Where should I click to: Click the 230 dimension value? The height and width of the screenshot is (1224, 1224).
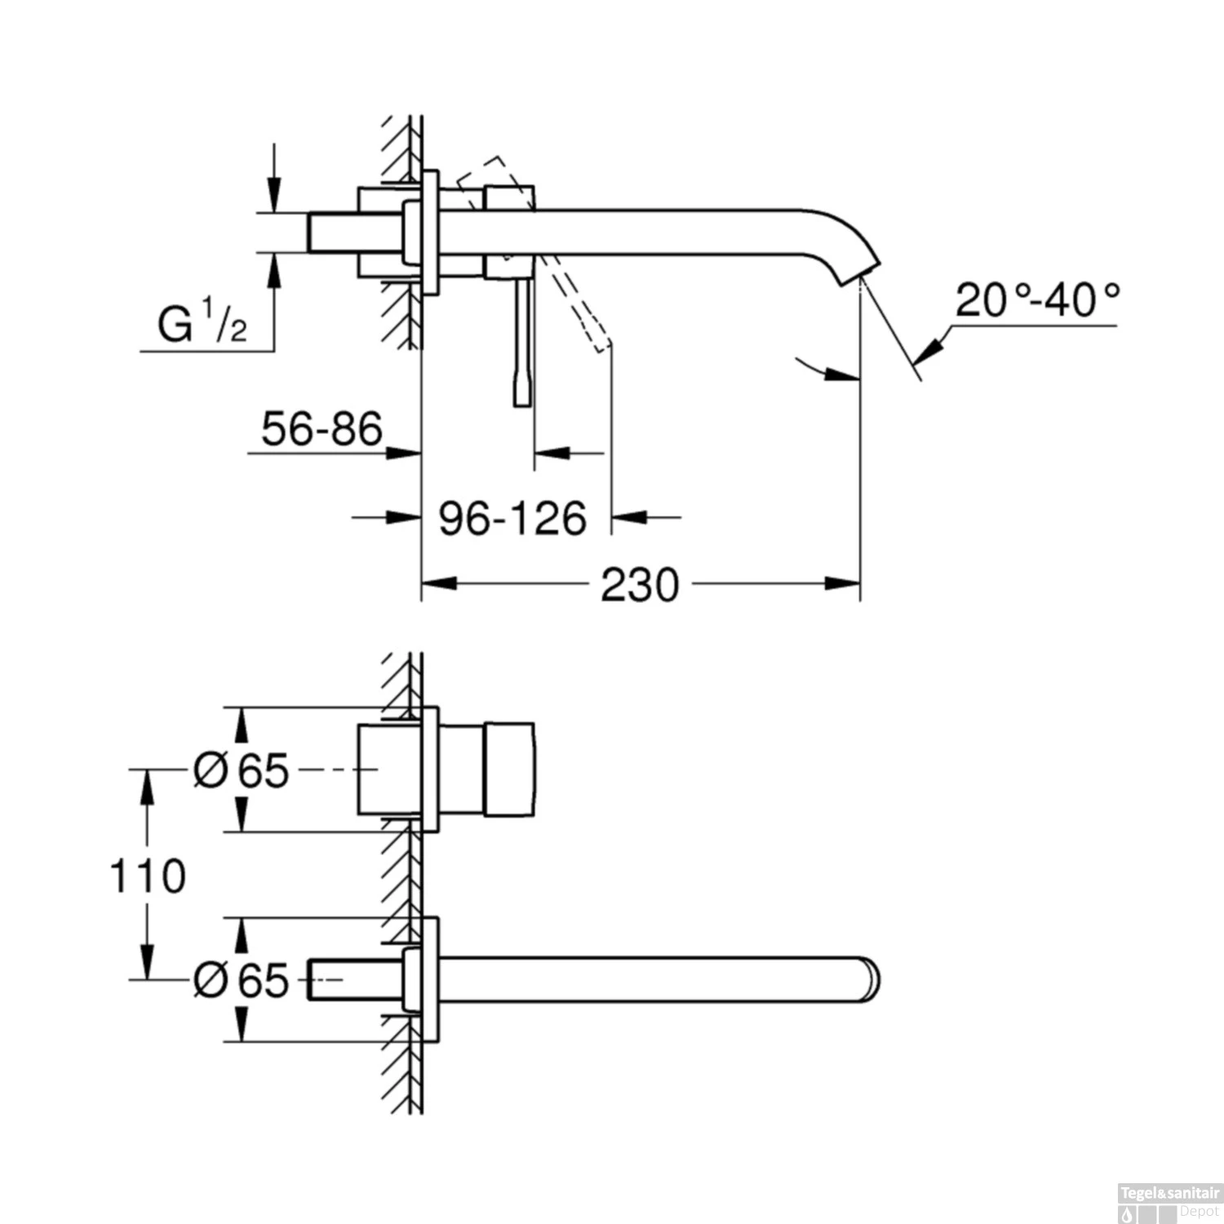tap(639, 585)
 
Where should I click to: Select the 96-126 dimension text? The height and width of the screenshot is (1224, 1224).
tap(512, 518)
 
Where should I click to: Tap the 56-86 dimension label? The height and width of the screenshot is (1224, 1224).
tap(322, 429)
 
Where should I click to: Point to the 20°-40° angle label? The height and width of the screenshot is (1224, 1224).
tap(1037, 300)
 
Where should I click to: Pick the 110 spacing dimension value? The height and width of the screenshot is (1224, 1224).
tap(148, 876)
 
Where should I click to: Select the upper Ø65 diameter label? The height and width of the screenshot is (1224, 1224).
tap(242, 769)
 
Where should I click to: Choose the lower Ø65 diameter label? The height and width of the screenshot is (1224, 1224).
tap(242, 979)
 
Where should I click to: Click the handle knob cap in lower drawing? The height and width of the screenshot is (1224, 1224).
tap(510, 769)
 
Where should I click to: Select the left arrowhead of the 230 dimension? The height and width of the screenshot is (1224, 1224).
tap(437, 584)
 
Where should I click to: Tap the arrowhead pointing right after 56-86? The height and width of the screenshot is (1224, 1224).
tap(403, 452)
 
